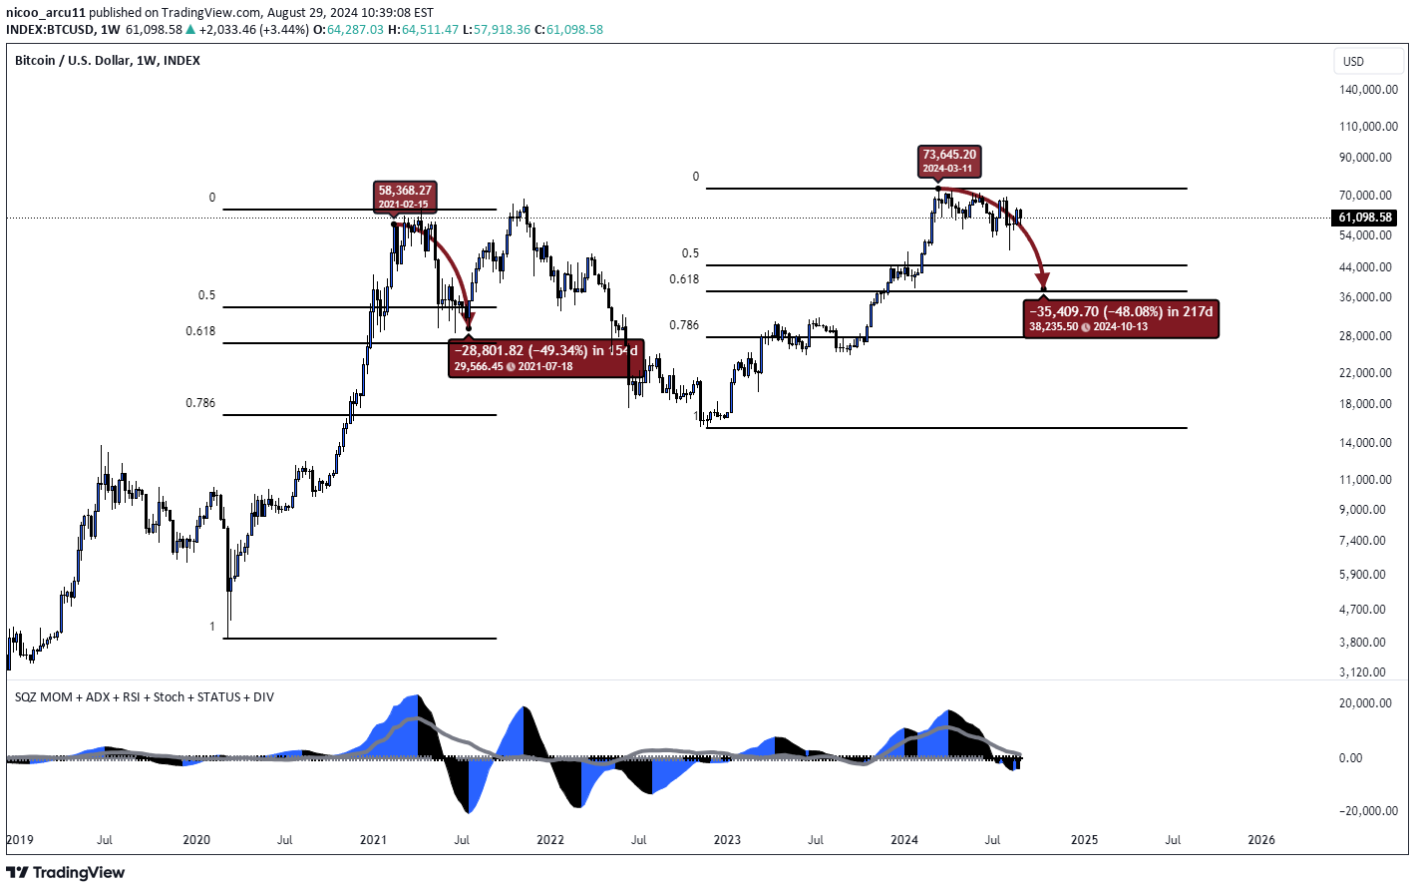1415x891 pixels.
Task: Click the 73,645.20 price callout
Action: pos(949,161)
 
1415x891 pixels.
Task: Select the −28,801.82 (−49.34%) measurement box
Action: pos(545,357)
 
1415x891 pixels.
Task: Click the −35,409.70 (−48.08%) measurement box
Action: pos(1121,318)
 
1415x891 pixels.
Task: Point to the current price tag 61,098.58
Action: pos(1365,218)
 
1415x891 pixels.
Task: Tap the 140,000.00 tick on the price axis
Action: pos(1367,90)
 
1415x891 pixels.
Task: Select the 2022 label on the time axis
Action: pos(550,840)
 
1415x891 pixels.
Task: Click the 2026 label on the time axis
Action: pos(1260,840)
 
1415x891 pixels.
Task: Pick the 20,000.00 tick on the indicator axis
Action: pos(1365,703)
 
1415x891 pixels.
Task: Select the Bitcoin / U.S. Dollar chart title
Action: pos(108,61)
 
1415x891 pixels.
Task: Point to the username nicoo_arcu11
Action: pos(45,13)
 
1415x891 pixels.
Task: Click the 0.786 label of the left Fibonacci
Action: pos(200,403)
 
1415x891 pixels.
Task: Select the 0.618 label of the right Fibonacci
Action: pos(684,279)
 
